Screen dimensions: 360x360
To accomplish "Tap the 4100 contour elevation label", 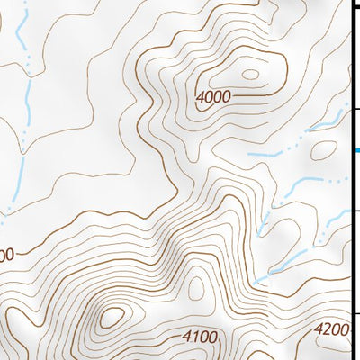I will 200,337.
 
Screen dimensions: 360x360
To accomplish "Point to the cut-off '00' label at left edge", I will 6,255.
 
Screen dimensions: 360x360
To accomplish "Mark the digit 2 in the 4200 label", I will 327,329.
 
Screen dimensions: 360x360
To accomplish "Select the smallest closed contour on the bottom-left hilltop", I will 112,317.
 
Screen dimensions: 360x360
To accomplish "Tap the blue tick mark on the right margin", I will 355,150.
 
